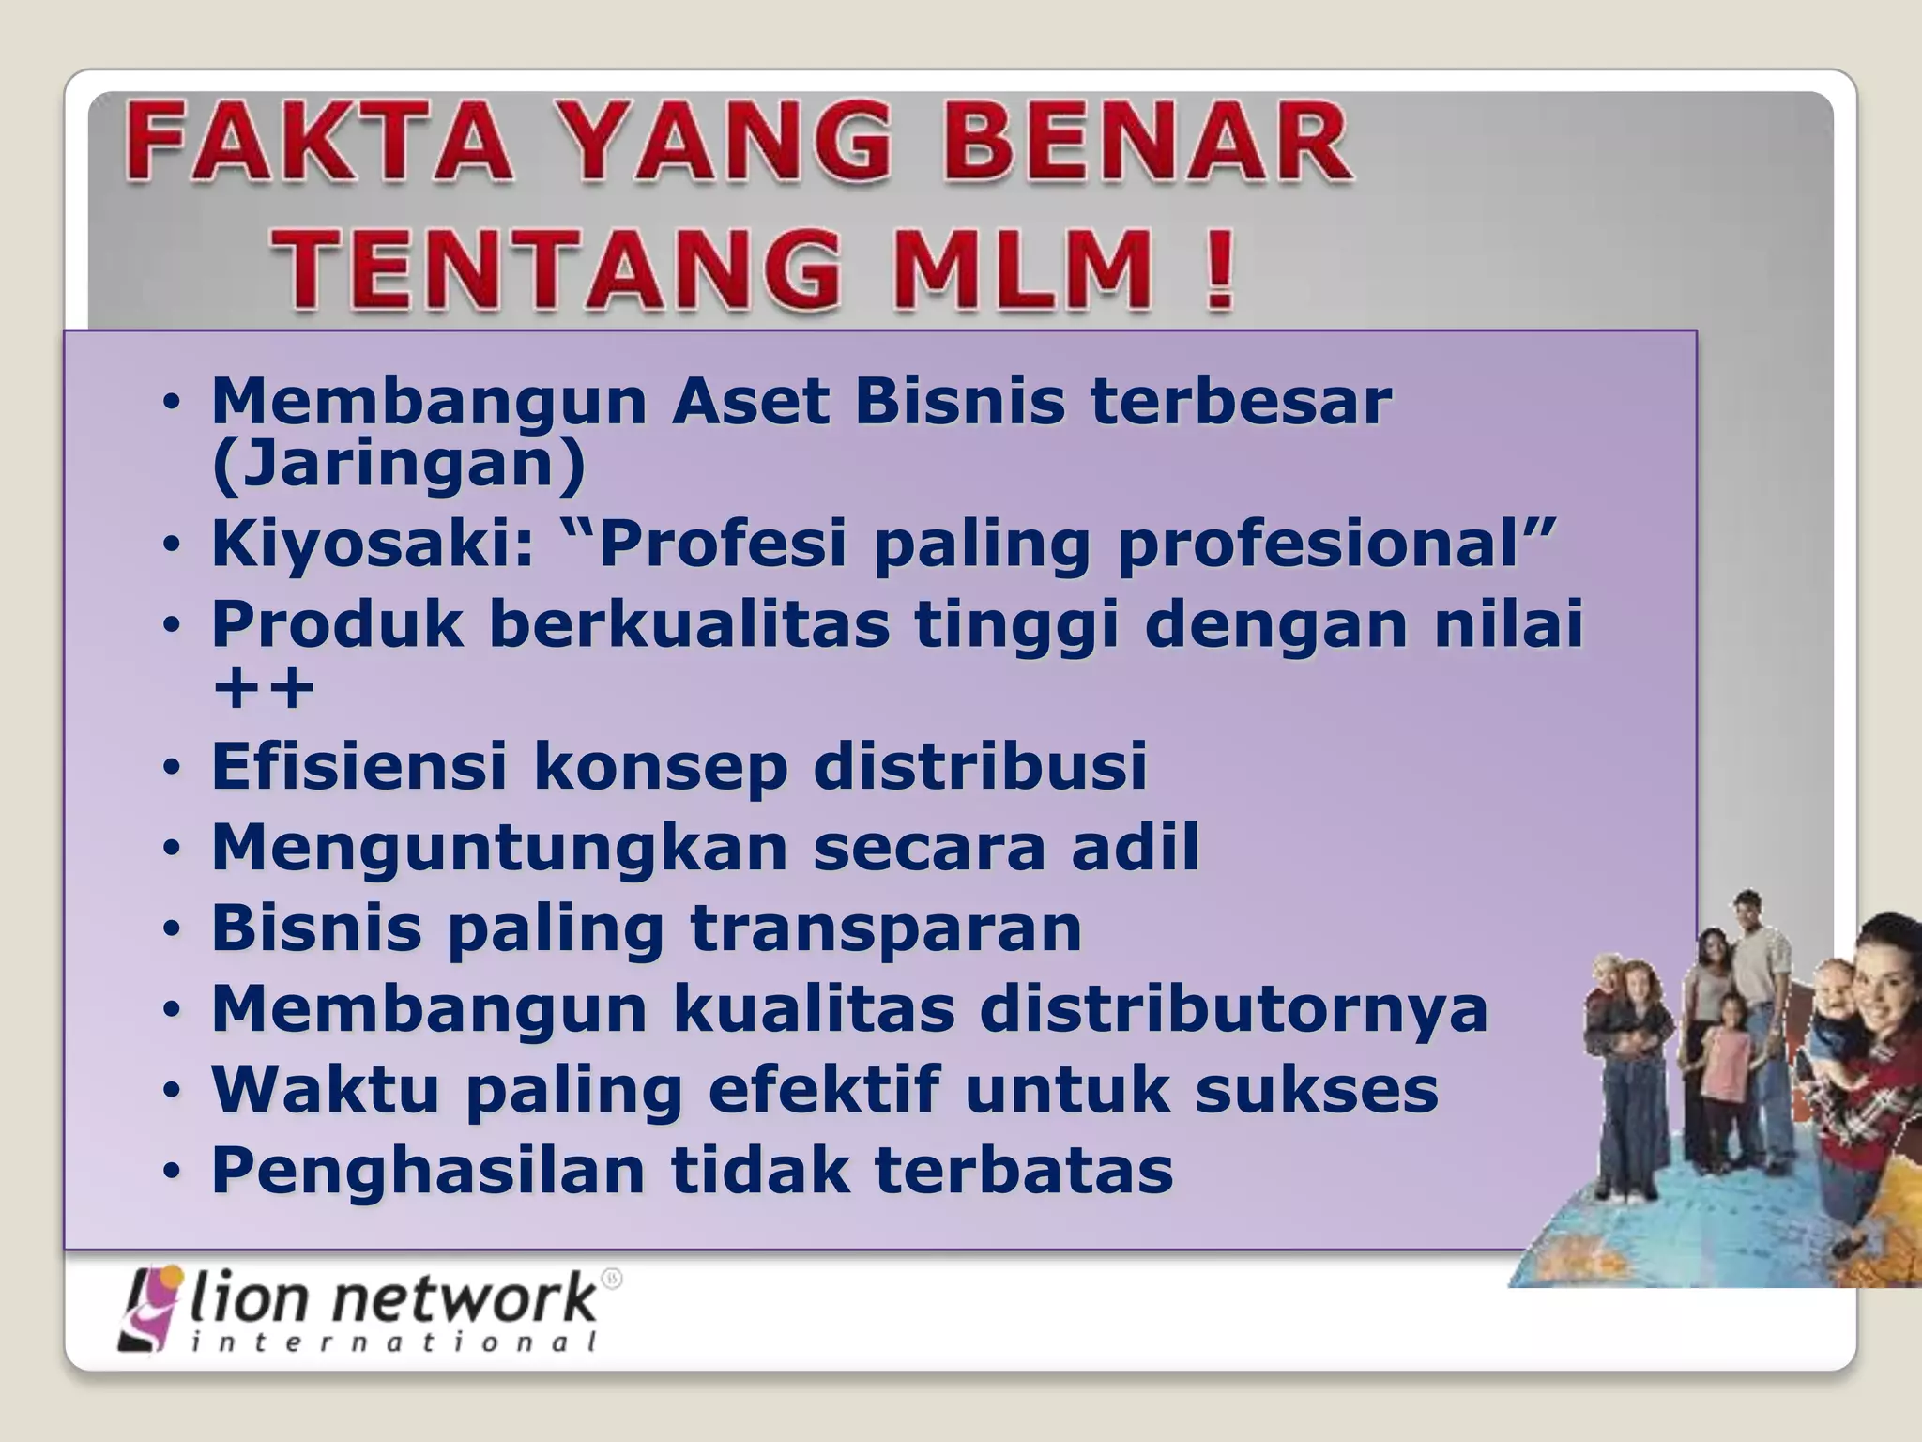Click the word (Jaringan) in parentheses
click(398, 465)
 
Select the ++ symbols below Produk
click(264, 689)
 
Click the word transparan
click(886, 928)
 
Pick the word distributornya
click(1234, 1010)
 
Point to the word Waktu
click(325, 1090)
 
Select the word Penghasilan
click(428, 1172)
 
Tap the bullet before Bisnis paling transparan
click(171, 929)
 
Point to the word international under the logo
click(394, 1343)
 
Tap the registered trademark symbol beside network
click(611, 1279)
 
